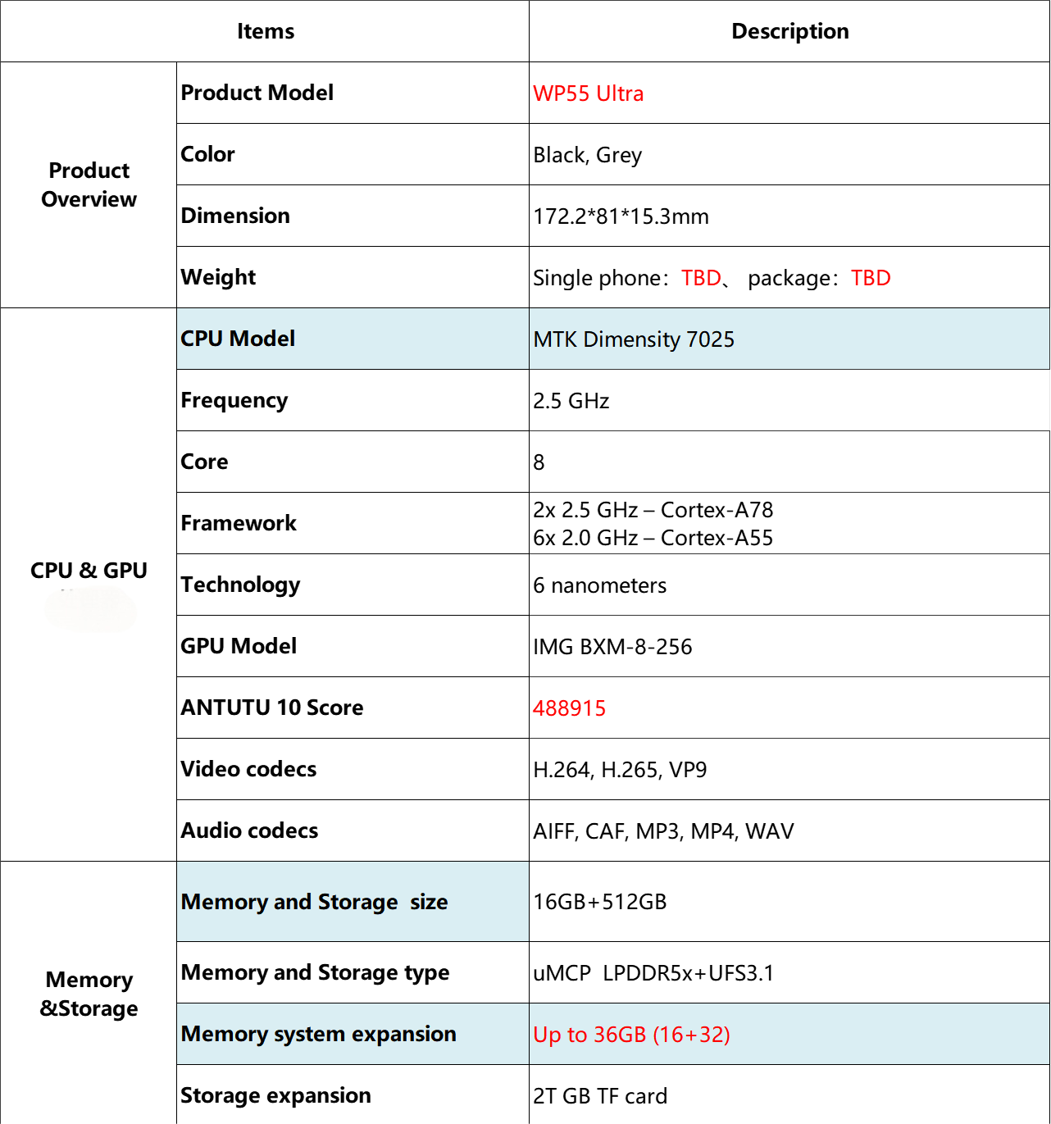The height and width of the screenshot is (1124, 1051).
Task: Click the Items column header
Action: point(265,31)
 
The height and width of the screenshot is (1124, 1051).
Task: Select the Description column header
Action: point(789,31)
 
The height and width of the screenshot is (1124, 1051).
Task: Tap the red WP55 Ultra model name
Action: point(588,93)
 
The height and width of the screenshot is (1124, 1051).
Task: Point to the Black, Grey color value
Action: point(587,155)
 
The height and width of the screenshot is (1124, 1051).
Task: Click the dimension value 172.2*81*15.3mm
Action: point(621,216)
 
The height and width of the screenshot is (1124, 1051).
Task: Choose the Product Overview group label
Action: point(89,184)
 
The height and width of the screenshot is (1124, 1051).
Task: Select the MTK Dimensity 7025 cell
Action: point(634,339)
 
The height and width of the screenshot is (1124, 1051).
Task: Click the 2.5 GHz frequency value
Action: point(571,401)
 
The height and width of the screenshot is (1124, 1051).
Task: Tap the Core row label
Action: point(204,462)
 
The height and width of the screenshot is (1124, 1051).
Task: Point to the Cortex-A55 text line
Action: point(653,538)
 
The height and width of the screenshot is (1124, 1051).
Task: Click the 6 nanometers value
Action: point(599,585)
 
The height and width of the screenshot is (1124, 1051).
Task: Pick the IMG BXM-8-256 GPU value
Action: point(612,647)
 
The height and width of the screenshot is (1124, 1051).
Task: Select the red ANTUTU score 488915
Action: point(569,708)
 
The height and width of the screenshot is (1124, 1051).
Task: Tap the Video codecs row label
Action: point(248,769)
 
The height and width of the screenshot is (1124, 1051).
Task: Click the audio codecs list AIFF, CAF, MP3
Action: point(663,831)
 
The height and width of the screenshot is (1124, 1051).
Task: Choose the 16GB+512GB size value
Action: point(599,902)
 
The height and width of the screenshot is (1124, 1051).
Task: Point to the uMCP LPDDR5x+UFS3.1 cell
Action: point(653,973)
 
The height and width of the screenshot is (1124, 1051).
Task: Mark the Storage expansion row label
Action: point(275,1095)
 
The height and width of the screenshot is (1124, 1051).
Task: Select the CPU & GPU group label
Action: point(89,571)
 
